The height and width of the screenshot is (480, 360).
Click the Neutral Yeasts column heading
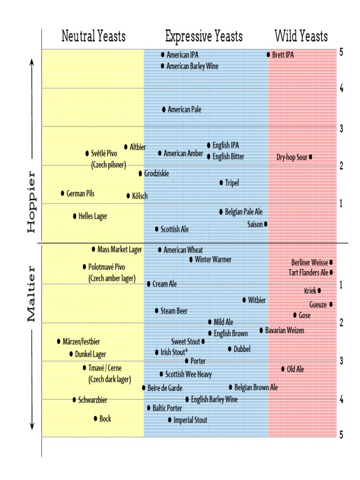point(93,36)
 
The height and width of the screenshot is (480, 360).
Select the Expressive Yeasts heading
point(204,36)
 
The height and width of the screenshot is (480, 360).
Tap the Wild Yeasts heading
point(301,36)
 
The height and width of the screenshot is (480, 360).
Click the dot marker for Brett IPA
point(269,55)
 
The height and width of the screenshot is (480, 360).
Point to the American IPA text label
point(182,55)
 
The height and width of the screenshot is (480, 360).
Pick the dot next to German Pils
point(62,193)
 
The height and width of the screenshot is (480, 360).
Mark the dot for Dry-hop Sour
point(310,157)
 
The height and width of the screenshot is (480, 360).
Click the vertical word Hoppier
point(31,205)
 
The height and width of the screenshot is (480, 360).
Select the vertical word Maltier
point(31,294)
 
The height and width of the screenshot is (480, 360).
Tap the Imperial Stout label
point(190,420)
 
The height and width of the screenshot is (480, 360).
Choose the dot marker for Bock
point(96,419)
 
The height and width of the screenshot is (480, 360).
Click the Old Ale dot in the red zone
point(283,369)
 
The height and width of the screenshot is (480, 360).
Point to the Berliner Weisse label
point(309,262)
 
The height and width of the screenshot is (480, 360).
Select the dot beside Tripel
point(221,182)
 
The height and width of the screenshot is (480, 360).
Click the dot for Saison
point(266,224)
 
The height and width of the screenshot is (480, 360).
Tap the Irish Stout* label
point(174,352)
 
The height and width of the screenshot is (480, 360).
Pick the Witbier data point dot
point(244,300)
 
